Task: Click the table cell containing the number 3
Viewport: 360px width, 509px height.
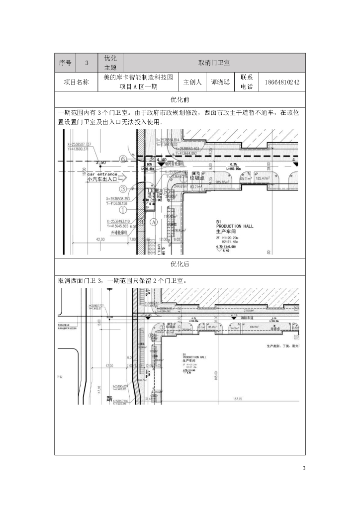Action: click(x=87, y=63)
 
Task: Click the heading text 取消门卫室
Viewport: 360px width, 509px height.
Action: click(x=214, y=63)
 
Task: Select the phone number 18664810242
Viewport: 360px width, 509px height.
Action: click(x=282, y=82)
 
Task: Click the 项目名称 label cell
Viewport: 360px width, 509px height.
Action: click(x=76, y=82)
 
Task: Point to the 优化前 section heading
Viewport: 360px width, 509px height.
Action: click(x=180, y=99)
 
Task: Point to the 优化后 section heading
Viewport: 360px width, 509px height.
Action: click(x=180, y=264)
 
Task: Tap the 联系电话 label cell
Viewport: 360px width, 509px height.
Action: click(x=247, y=82)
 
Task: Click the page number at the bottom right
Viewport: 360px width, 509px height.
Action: click(x=304, y=468)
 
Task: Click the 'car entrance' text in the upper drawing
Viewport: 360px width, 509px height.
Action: click(x=102, y=174)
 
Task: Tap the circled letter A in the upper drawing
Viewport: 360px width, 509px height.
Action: click(x=154, y=222)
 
